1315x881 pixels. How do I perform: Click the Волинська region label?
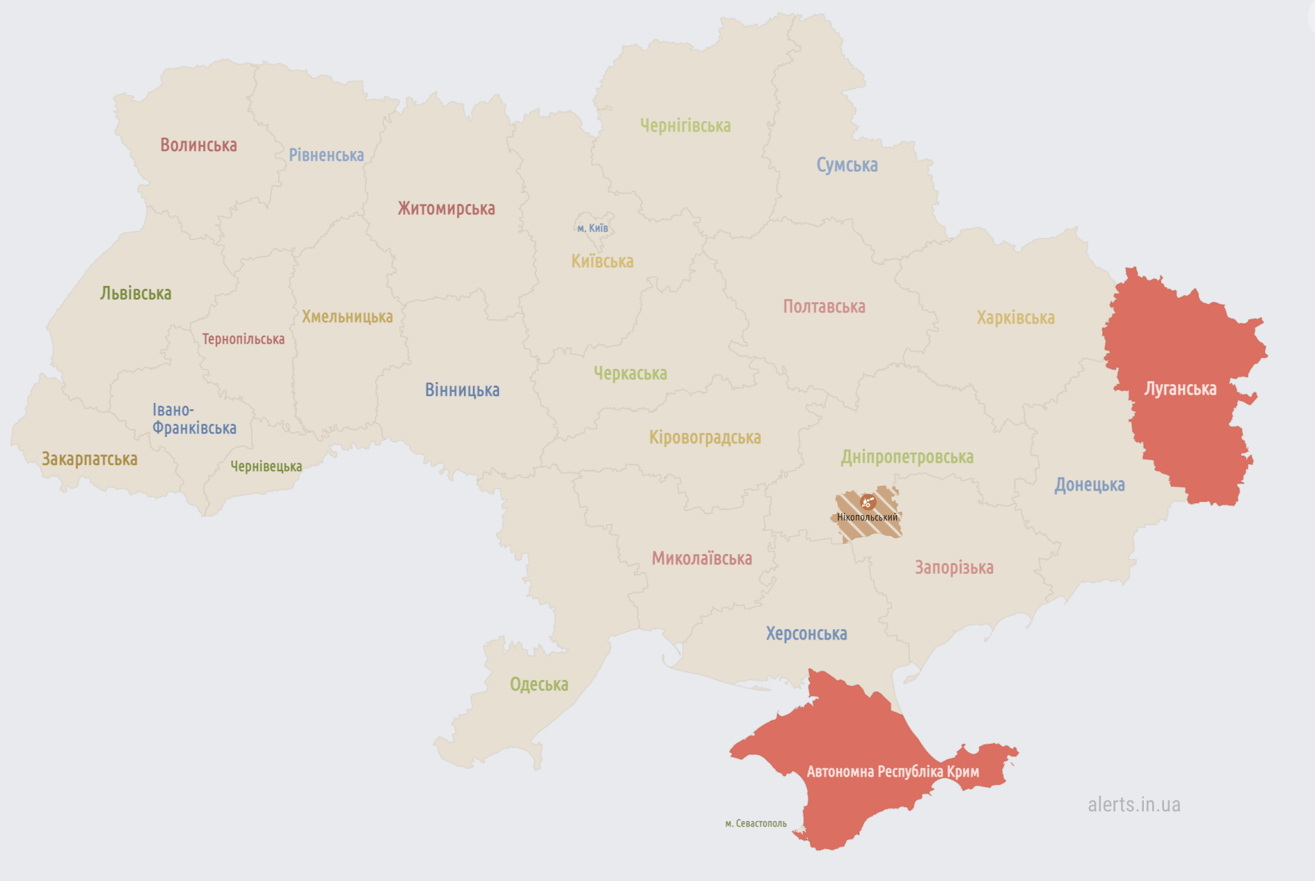click(198, 145)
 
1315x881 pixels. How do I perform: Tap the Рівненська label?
click(326, 154)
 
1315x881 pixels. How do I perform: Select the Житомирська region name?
click(446, 208)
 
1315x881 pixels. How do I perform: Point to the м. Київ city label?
click(592, 228)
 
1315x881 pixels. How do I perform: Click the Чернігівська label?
click(685, 125)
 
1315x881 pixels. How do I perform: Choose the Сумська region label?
click(847, 165)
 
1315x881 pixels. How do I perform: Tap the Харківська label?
click(1015, 317)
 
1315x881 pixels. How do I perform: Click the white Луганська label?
click(1180, 388)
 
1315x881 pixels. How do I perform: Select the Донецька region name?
click(1089, 484)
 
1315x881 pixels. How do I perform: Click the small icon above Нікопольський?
click(867, 502)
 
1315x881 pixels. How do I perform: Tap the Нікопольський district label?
click(867, 517)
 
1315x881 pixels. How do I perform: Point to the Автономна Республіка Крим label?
click(893, 771)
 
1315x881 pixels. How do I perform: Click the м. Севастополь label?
click(756, 823)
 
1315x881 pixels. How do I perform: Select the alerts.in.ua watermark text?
click(1133, 804)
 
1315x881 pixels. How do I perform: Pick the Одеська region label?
click(539, 684)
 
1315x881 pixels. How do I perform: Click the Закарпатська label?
click(90, 459)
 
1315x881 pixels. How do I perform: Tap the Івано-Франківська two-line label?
click(193, 419)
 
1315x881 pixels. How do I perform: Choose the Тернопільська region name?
click(243, 339)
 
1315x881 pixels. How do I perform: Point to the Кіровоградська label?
click(705, 437)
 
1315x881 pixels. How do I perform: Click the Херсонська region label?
click(806, 633)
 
